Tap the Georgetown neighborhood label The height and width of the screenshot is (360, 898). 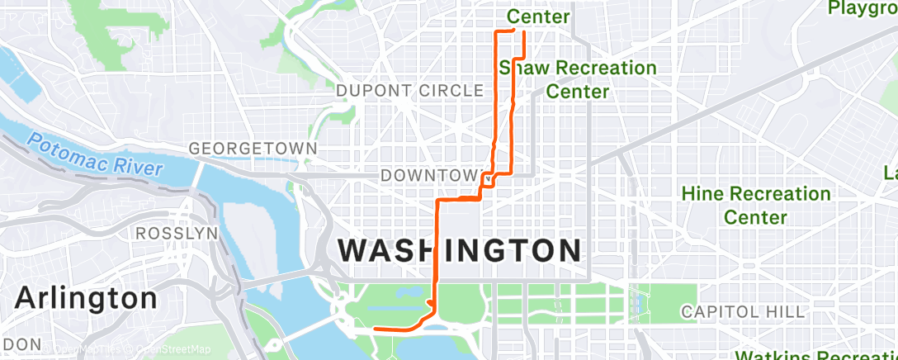pos(253,149)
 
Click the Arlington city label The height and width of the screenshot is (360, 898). pos(86,298)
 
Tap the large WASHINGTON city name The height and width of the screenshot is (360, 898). pos(460,250)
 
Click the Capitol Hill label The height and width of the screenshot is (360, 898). pos(741,311)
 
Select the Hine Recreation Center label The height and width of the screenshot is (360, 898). pos(755,206)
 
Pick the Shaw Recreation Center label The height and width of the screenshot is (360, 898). pos(578,79)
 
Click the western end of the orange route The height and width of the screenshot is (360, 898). pos(376,329)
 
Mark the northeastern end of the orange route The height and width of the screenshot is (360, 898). pos(525,31)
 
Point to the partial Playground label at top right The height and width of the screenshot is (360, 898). pos(863,8)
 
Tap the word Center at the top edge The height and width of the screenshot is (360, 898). pos(538,16)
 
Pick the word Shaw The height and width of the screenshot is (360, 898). pos(528,68)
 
